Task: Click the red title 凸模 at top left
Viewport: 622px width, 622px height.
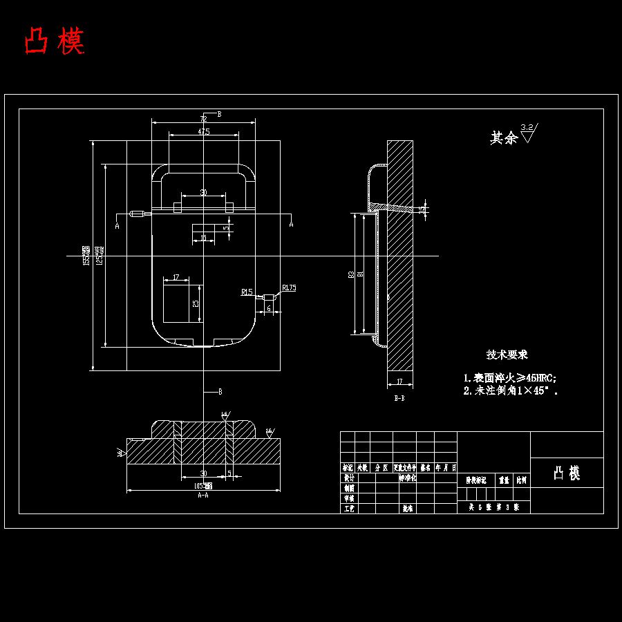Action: (x=55, y=41)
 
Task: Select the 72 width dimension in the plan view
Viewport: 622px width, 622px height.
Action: (x=203, y=119)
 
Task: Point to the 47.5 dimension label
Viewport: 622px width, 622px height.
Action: (x=203, y=131)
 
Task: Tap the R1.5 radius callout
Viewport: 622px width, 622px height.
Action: (x=247, y=292)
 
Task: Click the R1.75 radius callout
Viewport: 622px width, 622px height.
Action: (x=289, y=288)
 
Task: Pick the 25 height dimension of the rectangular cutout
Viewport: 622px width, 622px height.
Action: (x=196, y=303)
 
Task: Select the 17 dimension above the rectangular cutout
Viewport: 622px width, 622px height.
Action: (x=176, y=277)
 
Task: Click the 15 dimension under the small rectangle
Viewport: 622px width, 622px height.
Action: (x=202, y=238)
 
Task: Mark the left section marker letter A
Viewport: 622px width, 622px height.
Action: (x=117, y=225)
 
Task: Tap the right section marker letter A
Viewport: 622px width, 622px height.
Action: (x=291, y=225)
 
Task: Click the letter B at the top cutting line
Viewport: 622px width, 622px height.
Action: (x=219, y=113)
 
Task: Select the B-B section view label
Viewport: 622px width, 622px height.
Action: (x=399, y=398)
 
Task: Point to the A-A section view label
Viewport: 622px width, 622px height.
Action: (x=203, y=496)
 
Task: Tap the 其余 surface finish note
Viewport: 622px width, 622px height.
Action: (x=504, y=138)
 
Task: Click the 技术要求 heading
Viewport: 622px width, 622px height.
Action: (x=507, y=355)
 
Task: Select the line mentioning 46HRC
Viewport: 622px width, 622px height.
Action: (x=510, y=378)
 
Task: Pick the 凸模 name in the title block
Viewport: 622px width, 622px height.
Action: (x=567, y=473)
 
